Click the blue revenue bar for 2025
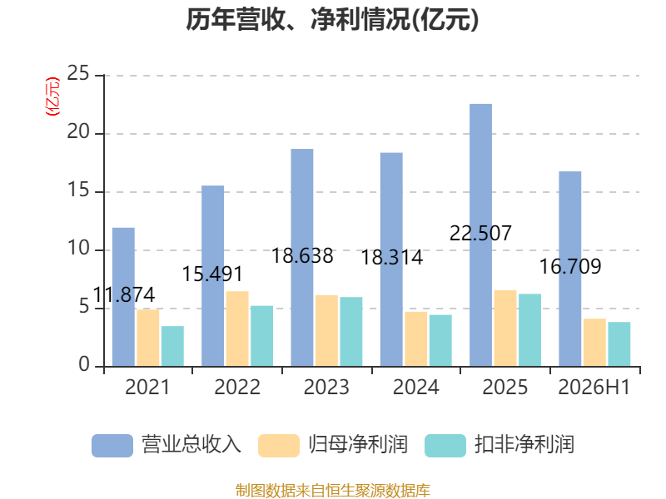tap(481, 235)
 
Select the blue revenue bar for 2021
tap(123, 297)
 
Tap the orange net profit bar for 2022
tap(237, 329)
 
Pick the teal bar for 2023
tap(351, 331)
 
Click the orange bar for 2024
tap(416, 339)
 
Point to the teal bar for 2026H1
tap(619, 344)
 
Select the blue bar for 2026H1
tap(570, 269)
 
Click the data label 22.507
tap(481, 234)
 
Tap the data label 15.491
tap(212, 274)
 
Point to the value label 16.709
tap(570, 267)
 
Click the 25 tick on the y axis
tap(78, 74)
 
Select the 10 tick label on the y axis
tap(78, 248)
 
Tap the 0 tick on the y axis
tap(84, 365)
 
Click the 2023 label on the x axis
tap(326, 388)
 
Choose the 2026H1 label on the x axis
tap(594, 388)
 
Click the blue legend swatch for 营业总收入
tap(112, 446)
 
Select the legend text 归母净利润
tap(359, 445)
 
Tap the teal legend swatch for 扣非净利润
tap(445, 446)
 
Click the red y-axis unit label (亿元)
tap(52, 96)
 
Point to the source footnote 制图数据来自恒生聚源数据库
tap(333, 491)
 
